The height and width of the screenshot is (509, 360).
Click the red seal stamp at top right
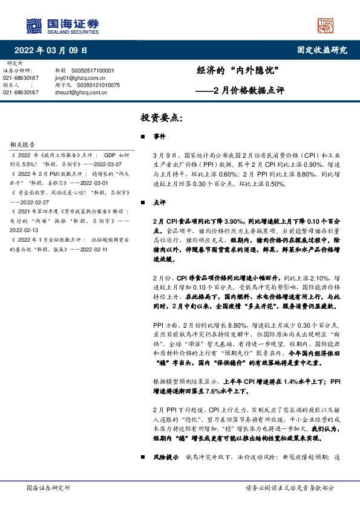pyautogui.click(x=326, y=25)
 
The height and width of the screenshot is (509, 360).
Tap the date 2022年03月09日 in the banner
pyautogui.click(x=54, y=50)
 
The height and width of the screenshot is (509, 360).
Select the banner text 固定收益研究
pyautogui.click(x=322, y=50)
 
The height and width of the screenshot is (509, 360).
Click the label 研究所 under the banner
pyautogui.click(x=15, y=63)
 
